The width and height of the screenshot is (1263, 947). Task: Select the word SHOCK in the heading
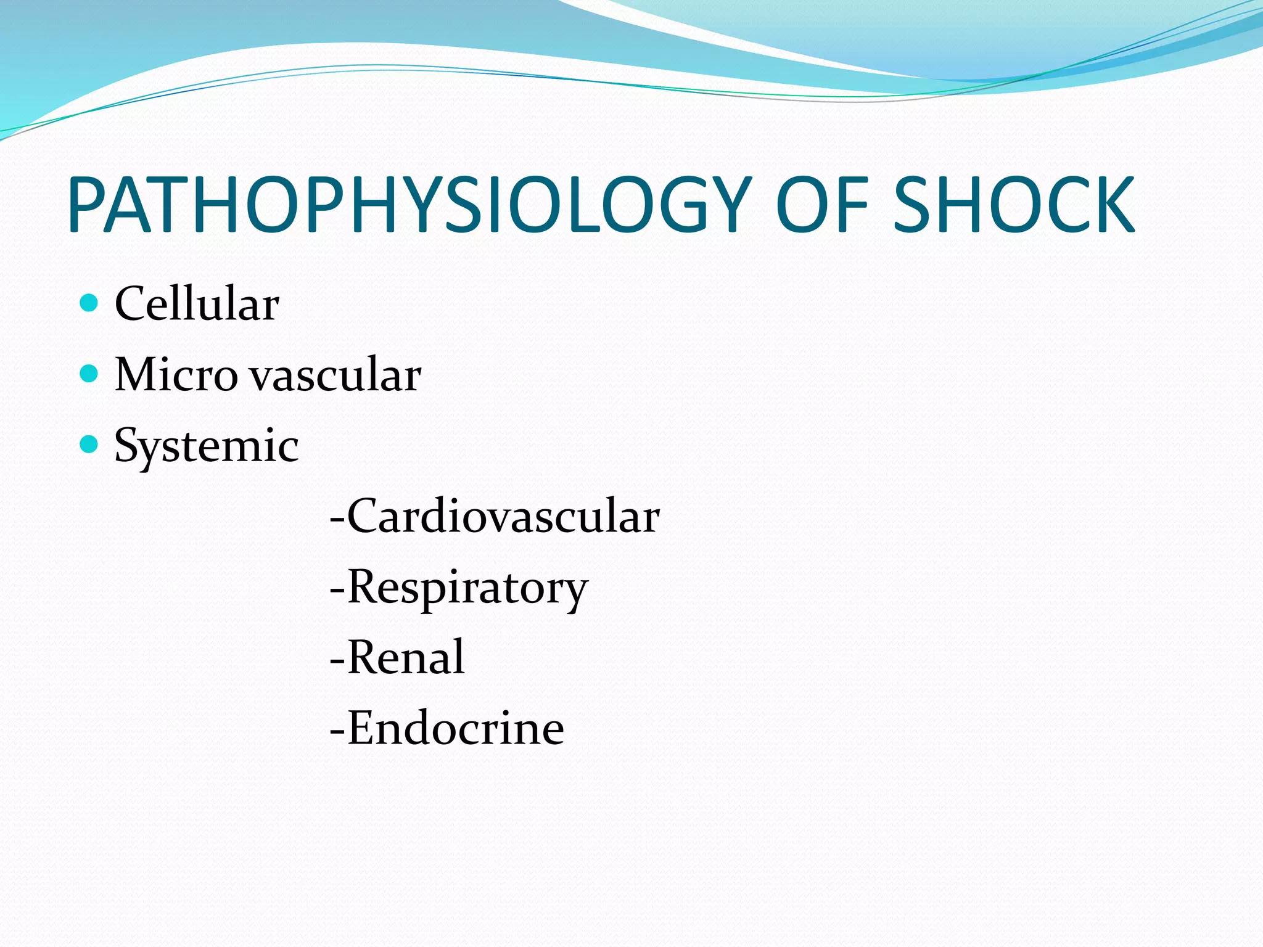1013,205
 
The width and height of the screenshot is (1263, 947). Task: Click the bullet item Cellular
197,304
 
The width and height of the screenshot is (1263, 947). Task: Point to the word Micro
176,374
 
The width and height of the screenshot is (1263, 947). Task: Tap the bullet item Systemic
207,446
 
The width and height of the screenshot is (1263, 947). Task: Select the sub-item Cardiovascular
503,516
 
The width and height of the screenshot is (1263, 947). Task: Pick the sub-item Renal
406,657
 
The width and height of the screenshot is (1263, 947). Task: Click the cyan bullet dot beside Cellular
89,303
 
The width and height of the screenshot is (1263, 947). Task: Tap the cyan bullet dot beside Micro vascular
89,373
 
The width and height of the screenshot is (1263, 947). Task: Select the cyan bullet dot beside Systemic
89,443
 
